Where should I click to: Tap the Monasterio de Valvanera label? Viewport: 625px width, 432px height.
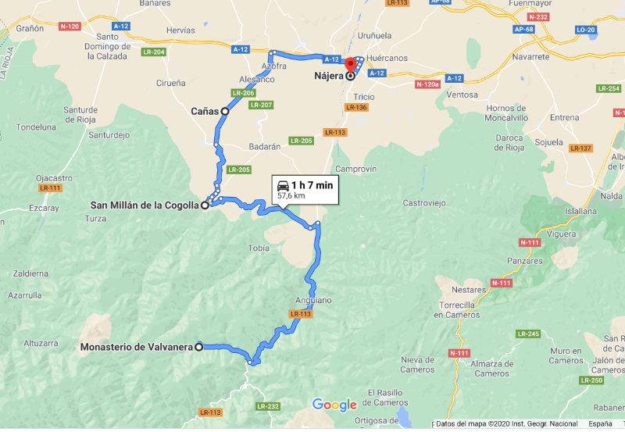137,347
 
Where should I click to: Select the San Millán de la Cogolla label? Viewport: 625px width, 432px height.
145,205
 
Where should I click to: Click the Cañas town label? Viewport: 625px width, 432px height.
205,112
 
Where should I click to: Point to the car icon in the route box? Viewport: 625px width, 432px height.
282,185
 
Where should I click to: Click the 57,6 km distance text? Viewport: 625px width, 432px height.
291,196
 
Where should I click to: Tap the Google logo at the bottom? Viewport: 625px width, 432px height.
334,405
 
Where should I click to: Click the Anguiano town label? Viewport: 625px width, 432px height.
313,300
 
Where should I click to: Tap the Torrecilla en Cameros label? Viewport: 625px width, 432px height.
457,309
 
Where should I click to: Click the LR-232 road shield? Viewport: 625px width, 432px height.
267,406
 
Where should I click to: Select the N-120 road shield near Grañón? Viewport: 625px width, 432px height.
69,27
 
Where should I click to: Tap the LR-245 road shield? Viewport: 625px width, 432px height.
529,334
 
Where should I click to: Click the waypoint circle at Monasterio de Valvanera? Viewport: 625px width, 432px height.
198,347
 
